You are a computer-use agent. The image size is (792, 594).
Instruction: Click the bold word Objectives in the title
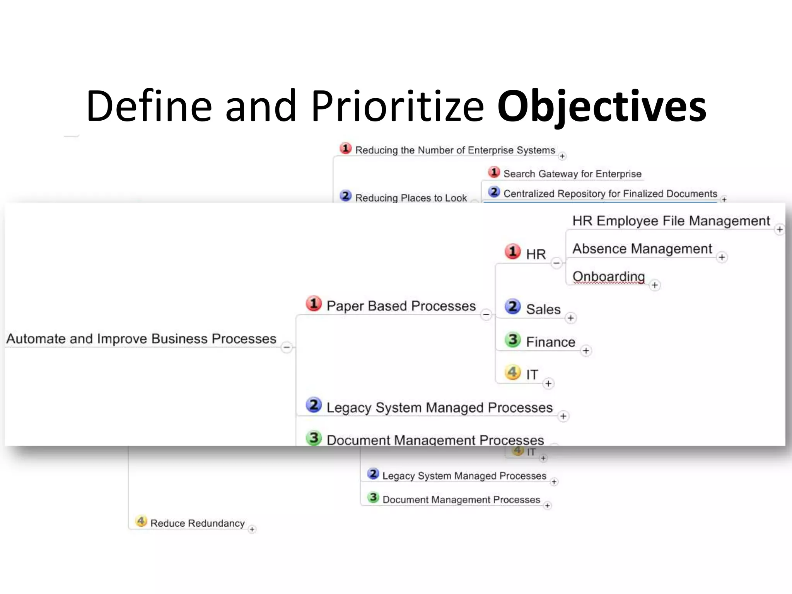pyautogui.click(x=602, y=106)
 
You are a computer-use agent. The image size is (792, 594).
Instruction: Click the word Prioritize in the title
pyautogui.click(x=397, y=106)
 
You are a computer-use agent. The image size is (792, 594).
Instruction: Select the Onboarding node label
pyautogui.click(x=608, y=276)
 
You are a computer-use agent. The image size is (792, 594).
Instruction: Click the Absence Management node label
pyautogui.click(x=642, y=248)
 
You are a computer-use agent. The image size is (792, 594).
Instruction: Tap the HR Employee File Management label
pyautogui.click(x=671, y=220)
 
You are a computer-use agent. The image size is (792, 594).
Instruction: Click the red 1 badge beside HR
pyautogui.click(x=512, y=251)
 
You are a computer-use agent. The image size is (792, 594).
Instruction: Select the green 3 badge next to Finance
pyautogui.click(x=512, y=340)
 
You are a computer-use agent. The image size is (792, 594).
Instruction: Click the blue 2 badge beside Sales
pyautogui.click(x=512, y=307)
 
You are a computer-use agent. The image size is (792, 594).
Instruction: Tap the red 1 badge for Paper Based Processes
pyautogui.click(x=314, y=304)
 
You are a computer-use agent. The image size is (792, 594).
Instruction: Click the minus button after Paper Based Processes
pyautogui.click(x=486, y=314)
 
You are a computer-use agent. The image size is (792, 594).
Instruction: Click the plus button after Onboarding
pyautogui.click(x=654, y=285)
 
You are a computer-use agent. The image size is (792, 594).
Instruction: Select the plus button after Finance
pyautogui.click(x=586, y=351)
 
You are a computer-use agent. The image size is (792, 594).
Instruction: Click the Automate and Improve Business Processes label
pyautogui.click(x=141, y=338)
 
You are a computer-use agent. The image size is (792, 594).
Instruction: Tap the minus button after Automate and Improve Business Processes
pyautogui.click(x=287, y=347)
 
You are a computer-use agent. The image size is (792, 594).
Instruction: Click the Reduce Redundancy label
pyautogui.click(x=197, y=523)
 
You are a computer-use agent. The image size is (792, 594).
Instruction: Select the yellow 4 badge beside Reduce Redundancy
pyautogui.click(x=141, y=521)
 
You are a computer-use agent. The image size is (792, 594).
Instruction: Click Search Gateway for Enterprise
pyautogui.click(x=572, y=174)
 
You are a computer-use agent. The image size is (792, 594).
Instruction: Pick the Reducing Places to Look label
pyautogui.click(x=411, y=198)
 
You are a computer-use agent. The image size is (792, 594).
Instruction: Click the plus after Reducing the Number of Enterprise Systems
pyautogui.click(x=562, y=156)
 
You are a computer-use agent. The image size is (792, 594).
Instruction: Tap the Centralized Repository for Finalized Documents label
pyautogui.click(x=610, y=193)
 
